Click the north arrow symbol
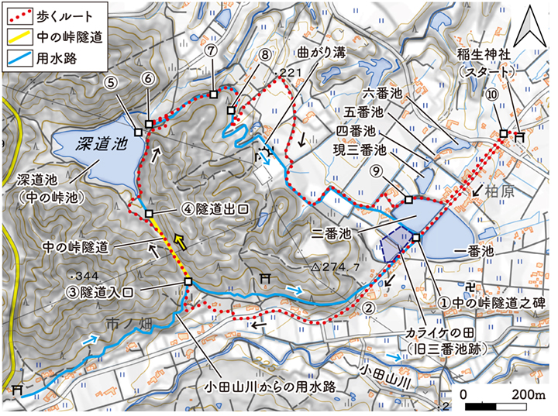[532, 30]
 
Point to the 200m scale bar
[496, 405]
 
